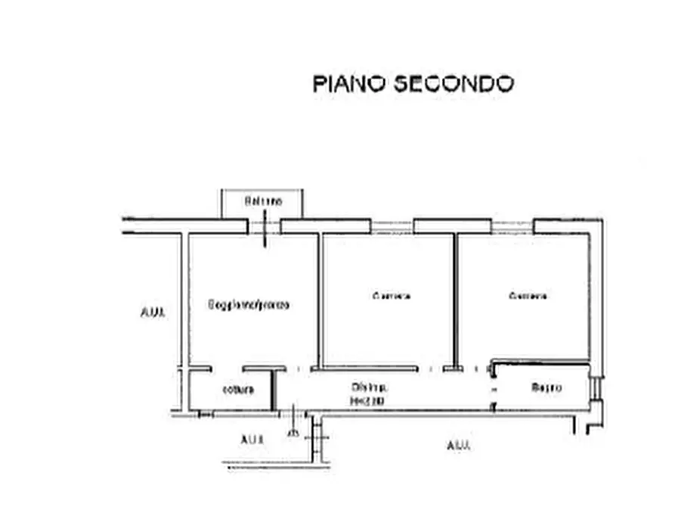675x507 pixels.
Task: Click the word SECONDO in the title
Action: (454, 82)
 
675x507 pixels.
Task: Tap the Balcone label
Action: (262, 202)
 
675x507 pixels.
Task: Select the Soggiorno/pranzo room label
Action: (249, 305)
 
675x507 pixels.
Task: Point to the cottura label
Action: (238, 390)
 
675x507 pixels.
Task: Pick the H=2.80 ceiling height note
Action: (367, 401)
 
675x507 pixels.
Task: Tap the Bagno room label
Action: (546, 388)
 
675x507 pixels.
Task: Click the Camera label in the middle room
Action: (392, 296)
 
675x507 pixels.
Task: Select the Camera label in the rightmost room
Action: (528, 296)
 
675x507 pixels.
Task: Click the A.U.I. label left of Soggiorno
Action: (152, 312)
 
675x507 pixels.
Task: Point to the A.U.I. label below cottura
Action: (252, 440)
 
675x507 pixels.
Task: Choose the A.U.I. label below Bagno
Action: (459, 446)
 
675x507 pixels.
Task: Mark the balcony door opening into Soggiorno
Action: (264, 227)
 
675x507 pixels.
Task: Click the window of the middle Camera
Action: (392, 226)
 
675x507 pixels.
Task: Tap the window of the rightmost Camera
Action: (512, 226)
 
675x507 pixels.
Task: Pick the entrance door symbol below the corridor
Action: (293, 424)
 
